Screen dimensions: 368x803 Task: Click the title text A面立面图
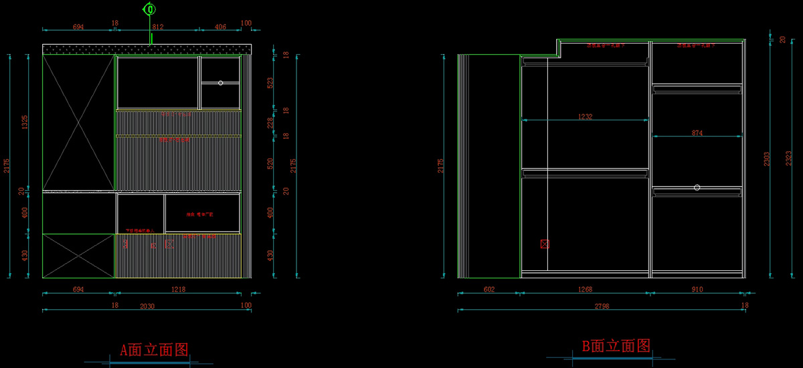153,349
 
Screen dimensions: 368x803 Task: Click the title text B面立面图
616,346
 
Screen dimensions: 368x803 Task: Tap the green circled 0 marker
150,9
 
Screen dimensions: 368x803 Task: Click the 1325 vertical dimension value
25,122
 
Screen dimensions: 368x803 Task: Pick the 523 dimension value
270,83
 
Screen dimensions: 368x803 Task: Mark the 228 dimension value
270,122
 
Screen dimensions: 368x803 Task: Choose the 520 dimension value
270,163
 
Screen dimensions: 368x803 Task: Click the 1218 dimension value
178,289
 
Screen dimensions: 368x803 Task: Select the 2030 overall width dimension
147,306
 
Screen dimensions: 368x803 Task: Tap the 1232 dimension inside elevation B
585,116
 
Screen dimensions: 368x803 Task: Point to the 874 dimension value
697,133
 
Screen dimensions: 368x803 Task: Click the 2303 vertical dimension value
768,159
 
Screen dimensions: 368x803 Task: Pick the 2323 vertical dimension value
789,159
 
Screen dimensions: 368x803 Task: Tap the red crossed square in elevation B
544,244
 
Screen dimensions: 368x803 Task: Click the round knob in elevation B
697,187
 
